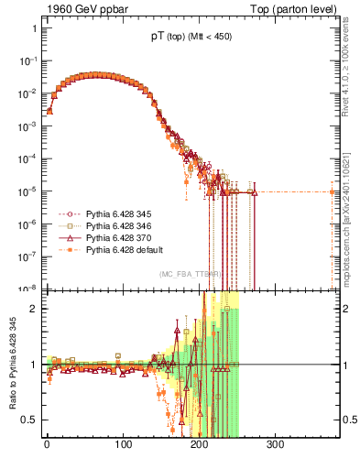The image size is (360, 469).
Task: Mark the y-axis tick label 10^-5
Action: click(x=28, y=191)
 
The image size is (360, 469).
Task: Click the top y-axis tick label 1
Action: click(x=34, y=28)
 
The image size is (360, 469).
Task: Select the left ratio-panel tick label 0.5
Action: click(x=30, y=420)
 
